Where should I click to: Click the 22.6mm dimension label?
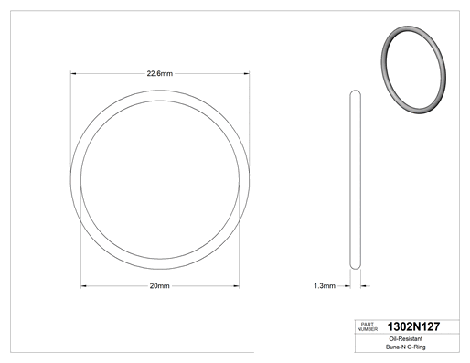[160, 73]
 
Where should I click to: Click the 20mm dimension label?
[159, 286]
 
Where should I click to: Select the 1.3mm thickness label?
[325, 286]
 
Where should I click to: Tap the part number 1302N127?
[413, 326]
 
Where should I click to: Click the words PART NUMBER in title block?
[368, 326]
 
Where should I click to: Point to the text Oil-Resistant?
[406, 339]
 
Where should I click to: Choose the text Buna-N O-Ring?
[406, 347]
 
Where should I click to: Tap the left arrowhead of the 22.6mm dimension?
[73, 73]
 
